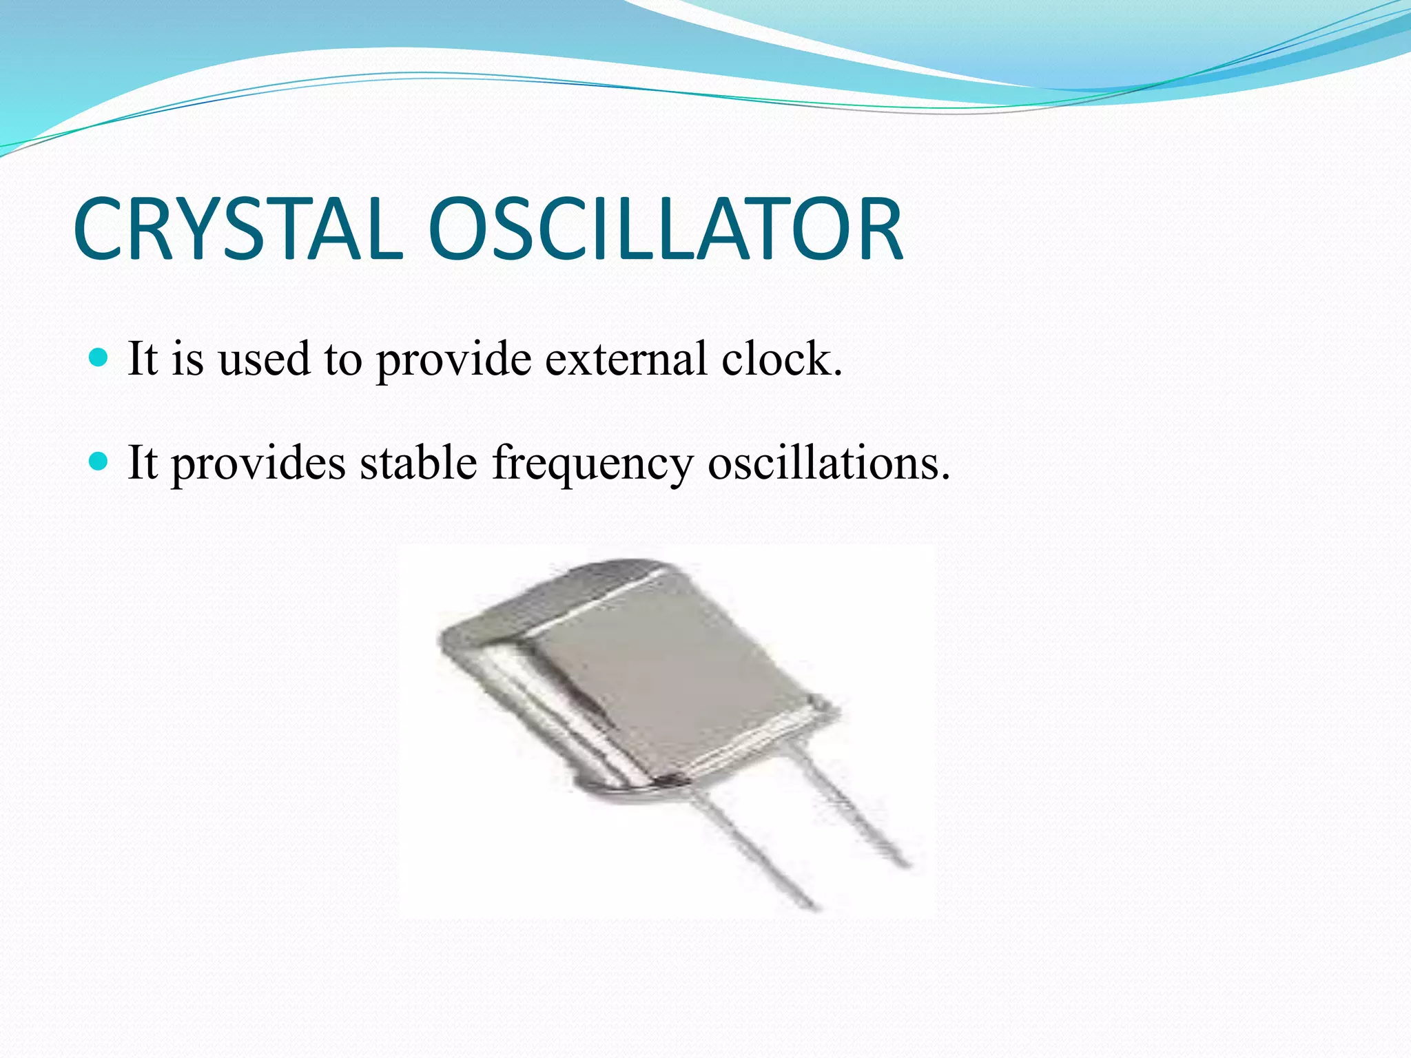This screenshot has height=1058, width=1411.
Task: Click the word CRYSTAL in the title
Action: click(x=238, y=229)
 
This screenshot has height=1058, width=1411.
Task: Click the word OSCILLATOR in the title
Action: click(x=665, y=229)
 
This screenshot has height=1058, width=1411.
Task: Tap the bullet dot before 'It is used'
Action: click(x=99, y=357)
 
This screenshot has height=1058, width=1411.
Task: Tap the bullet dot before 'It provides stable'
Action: click(x=99, y=461)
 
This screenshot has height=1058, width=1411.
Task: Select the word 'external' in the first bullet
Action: click(x=626, y=359)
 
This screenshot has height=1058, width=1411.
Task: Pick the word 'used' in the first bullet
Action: click(x=263, y=359)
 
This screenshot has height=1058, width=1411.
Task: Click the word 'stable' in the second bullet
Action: click(x=418, y=462)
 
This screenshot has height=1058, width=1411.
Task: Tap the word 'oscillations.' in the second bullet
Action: click(x=829, y=462)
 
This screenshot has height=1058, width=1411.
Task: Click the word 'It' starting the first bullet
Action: click(x=143, y=359)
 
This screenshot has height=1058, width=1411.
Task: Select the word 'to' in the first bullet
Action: click(x=342, y=360)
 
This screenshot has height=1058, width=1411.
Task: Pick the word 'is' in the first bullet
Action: click(x=187, y=359)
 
